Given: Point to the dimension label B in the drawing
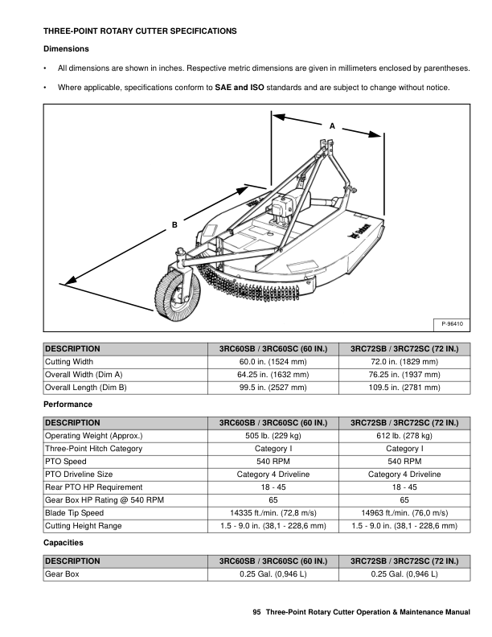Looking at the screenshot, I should click(174, 226).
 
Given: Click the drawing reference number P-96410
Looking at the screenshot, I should click(454, 323).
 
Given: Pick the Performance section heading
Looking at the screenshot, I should click(68, 403).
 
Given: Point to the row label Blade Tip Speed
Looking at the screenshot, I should click(74, 512).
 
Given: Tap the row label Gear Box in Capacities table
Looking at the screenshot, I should click(59, 575).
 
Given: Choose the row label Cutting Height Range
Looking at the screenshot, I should click(84, 525).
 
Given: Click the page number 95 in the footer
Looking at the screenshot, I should click(256, 613).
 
